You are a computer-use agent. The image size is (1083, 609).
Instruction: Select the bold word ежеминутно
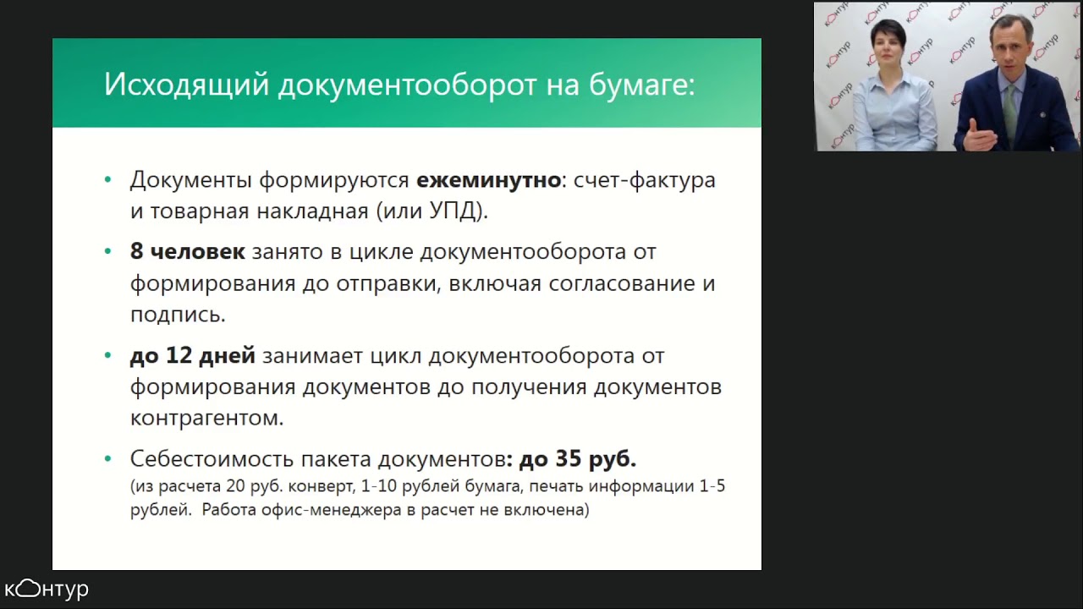[488, 180]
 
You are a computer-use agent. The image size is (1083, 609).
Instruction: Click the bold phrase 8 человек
[187, 251]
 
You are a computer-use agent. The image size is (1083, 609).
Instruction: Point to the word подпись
[177, 315]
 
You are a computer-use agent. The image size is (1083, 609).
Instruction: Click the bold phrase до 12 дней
[192, 356]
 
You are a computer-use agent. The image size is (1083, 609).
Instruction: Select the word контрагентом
[206, 418]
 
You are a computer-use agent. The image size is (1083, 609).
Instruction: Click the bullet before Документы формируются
[107, 180]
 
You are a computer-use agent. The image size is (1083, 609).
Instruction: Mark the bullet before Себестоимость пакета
[107, 459]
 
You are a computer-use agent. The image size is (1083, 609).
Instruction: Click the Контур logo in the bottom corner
[47, 589]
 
